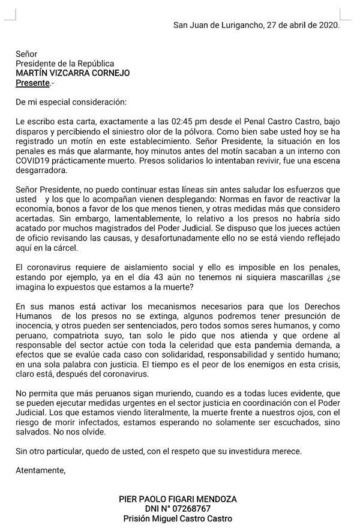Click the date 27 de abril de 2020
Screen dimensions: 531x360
tap(303, 25)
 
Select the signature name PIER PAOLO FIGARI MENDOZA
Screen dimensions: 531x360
tap(178, 499)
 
